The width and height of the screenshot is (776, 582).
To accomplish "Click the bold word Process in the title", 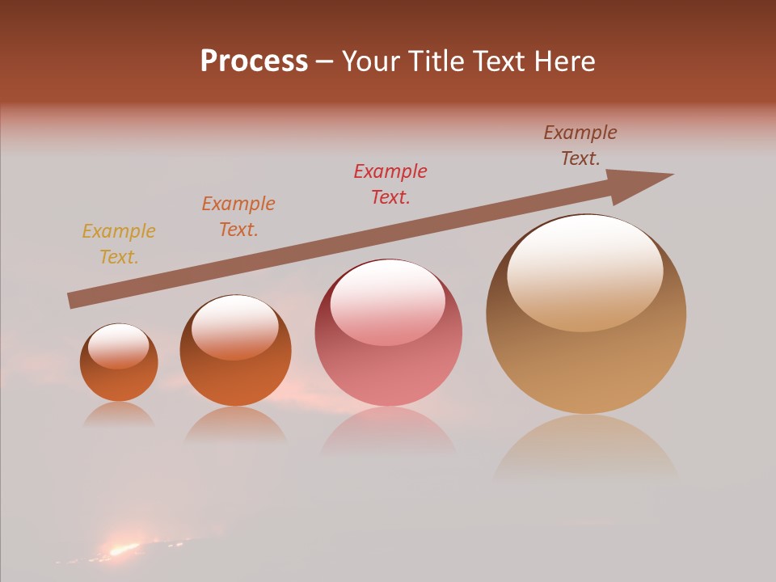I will [x=254, y=61].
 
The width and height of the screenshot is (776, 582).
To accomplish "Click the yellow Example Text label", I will [x=119, y=244].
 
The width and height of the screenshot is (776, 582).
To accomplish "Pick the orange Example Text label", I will [x=238, y=217].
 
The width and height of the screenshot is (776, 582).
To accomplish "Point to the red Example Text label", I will [x=390, y=184].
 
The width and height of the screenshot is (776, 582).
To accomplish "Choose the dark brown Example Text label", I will [x=580, y=145].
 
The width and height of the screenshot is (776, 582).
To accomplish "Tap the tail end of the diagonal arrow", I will [x=74, y=301].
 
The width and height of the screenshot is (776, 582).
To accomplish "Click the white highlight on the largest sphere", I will [x=585, y=271].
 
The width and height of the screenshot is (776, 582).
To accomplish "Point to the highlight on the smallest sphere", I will [x=119, y=346].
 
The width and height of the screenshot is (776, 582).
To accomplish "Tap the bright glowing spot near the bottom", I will [x=123, y=550].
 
